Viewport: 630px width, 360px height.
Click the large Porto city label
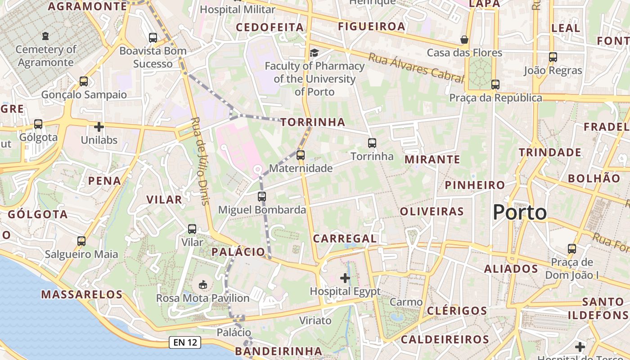point(520,212)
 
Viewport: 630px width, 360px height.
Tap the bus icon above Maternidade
point(301,155)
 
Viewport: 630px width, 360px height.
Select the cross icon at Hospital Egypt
point(345,278)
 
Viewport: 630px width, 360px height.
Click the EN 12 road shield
point(185,342)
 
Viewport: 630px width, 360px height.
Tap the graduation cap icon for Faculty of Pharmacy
point(314,53)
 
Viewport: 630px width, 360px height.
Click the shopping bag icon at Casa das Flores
point(464,40)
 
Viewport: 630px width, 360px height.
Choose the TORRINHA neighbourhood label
point(313,122)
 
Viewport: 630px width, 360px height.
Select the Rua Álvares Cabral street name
point(416,68)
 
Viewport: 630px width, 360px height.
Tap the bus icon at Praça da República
point(495,84)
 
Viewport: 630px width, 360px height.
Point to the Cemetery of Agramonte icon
point(45,36)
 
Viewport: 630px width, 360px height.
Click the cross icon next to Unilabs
point(99,127)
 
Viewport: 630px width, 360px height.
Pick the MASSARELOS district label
point(82,295)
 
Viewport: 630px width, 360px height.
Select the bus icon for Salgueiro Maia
point(81,241)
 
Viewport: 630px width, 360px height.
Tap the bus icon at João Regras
point(553,57)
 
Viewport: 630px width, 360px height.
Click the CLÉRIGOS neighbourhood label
point(457,311)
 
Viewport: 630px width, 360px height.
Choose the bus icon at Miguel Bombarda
point(262,196)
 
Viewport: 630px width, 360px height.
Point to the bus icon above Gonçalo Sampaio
point(84,81)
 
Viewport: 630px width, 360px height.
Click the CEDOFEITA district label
point(270,27)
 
